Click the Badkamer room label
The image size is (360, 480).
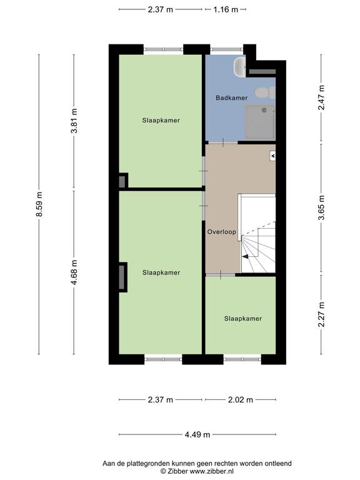(231, 98)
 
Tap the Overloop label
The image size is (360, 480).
(222, 232)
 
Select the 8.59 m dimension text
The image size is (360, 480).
(39, 204)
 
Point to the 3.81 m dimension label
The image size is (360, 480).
(74, 121)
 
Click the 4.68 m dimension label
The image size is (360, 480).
(74, 272)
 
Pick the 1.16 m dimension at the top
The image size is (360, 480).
(226, 9)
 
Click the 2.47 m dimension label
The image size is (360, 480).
(321, 97)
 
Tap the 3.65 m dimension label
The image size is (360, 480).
(321, 207)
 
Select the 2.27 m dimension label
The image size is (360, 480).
(321, 314)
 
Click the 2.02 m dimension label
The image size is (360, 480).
(241, 400)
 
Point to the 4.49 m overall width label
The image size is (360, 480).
(197, 435)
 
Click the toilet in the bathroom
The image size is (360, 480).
(265, 92)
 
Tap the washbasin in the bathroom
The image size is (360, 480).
(240, 66)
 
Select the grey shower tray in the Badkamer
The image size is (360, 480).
(260, 122)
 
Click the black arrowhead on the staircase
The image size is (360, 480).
(245, 257)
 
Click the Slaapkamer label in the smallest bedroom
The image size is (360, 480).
(243, 319)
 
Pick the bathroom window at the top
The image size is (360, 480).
(227, 49)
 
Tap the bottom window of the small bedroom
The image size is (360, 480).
(242, 359)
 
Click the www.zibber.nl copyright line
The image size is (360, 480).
(197, 471)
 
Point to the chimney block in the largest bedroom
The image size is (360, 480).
(122, 277)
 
